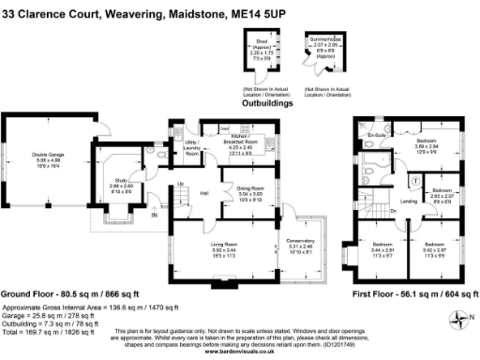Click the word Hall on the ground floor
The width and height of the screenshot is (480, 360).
[x=203, y=193]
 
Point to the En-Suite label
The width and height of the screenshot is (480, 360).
[x=378, y=135]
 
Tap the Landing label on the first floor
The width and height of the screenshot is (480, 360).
[x=409, y=201]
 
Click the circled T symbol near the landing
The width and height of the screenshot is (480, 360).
[x=414, y=180]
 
